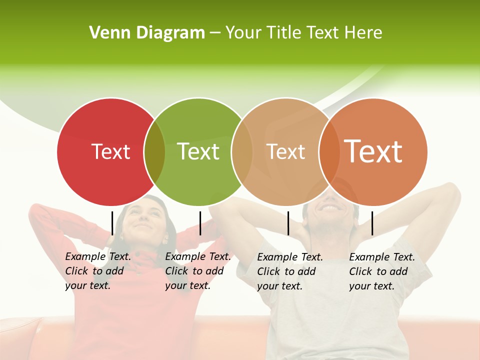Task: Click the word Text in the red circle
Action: click(110, 151)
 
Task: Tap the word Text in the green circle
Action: click(198, 151)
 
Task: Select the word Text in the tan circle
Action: click(285, 151)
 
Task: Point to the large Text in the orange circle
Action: click(373, 151)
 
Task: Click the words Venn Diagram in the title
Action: click(147, 33)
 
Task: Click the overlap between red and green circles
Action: click(154, 152)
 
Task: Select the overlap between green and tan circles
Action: click(241, 152)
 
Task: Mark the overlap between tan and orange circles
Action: click(328, 152)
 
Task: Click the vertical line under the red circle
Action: click(112, 223)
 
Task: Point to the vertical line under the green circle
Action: click(200, 223)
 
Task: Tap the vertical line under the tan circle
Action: click(288, 223)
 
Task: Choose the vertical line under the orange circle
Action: click(372, 223)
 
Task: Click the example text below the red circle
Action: click(98, 271)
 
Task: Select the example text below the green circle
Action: click(198, 271)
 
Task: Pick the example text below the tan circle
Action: click(290, 271)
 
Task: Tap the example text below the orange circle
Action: click(382, 271)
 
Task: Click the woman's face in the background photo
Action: click(144, 217)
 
